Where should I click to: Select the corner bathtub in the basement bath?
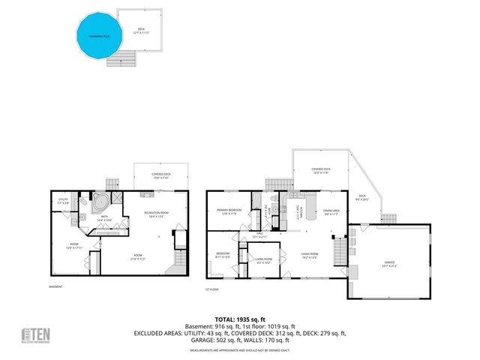(99, 202)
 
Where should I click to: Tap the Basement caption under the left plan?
(55, 286)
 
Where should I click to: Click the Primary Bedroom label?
(228, 211)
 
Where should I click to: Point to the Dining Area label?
(331, 212)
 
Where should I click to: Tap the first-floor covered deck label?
(321, 170)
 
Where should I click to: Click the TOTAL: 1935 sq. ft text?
(240, 319)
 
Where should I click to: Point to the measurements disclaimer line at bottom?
(239, 351)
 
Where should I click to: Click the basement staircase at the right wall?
(180, 259)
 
